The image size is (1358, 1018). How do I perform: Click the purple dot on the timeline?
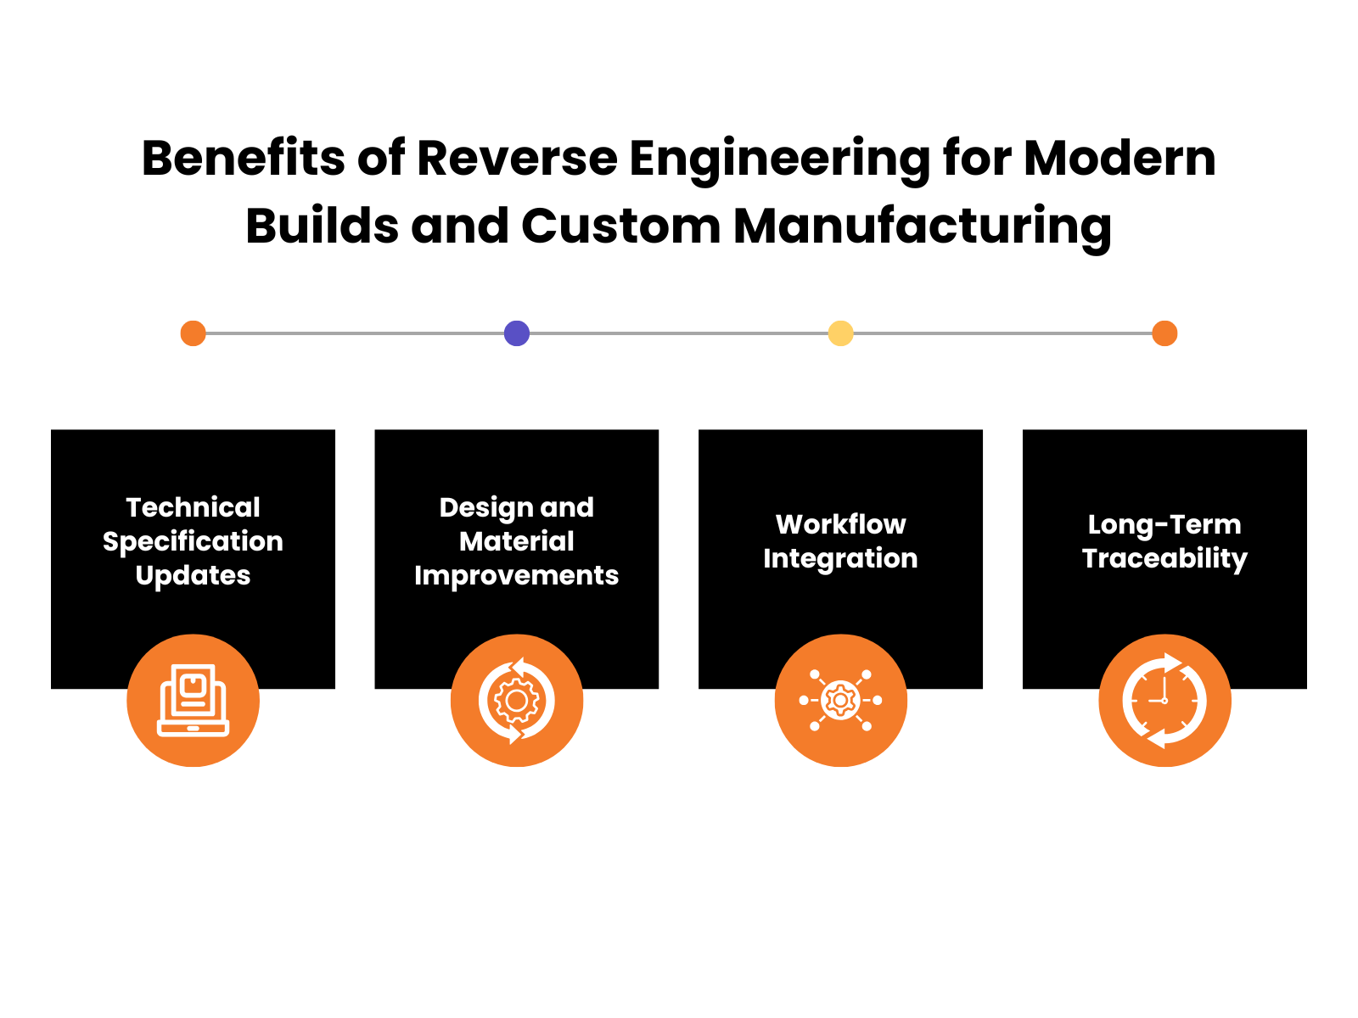[x=516, y=333]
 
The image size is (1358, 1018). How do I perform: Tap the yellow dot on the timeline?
[x=840, y=333]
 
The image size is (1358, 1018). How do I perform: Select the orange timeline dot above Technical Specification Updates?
[x=193, y=333]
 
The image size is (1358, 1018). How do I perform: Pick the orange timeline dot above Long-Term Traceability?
[x=1164, y=333]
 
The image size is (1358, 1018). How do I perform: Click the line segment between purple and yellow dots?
[x=679, y=334]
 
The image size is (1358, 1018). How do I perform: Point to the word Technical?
[x=193, y=507]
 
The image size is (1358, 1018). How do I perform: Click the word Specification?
[x=193, y=541]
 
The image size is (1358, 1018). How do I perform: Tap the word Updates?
[x=193, y=575]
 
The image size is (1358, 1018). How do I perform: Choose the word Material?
[x=516, y=541]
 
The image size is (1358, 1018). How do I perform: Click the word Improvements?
[x=516, y=575]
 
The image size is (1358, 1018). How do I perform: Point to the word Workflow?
[x=840, y=524]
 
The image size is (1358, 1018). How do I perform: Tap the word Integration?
[x=840, y=558]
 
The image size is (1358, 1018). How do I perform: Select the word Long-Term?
[x=1164, y=524]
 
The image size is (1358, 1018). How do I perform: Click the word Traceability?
[x=1164, y=558]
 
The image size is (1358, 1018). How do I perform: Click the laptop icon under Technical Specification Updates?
[x=193, y=701]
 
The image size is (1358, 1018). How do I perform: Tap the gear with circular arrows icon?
[x=516, y=701]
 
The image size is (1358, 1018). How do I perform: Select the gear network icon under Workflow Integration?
[x=840, y=701]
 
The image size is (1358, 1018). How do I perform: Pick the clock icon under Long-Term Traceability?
[x=1164, y=701]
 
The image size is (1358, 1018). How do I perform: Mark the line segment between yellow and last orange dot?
[x=1002, y=334]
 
